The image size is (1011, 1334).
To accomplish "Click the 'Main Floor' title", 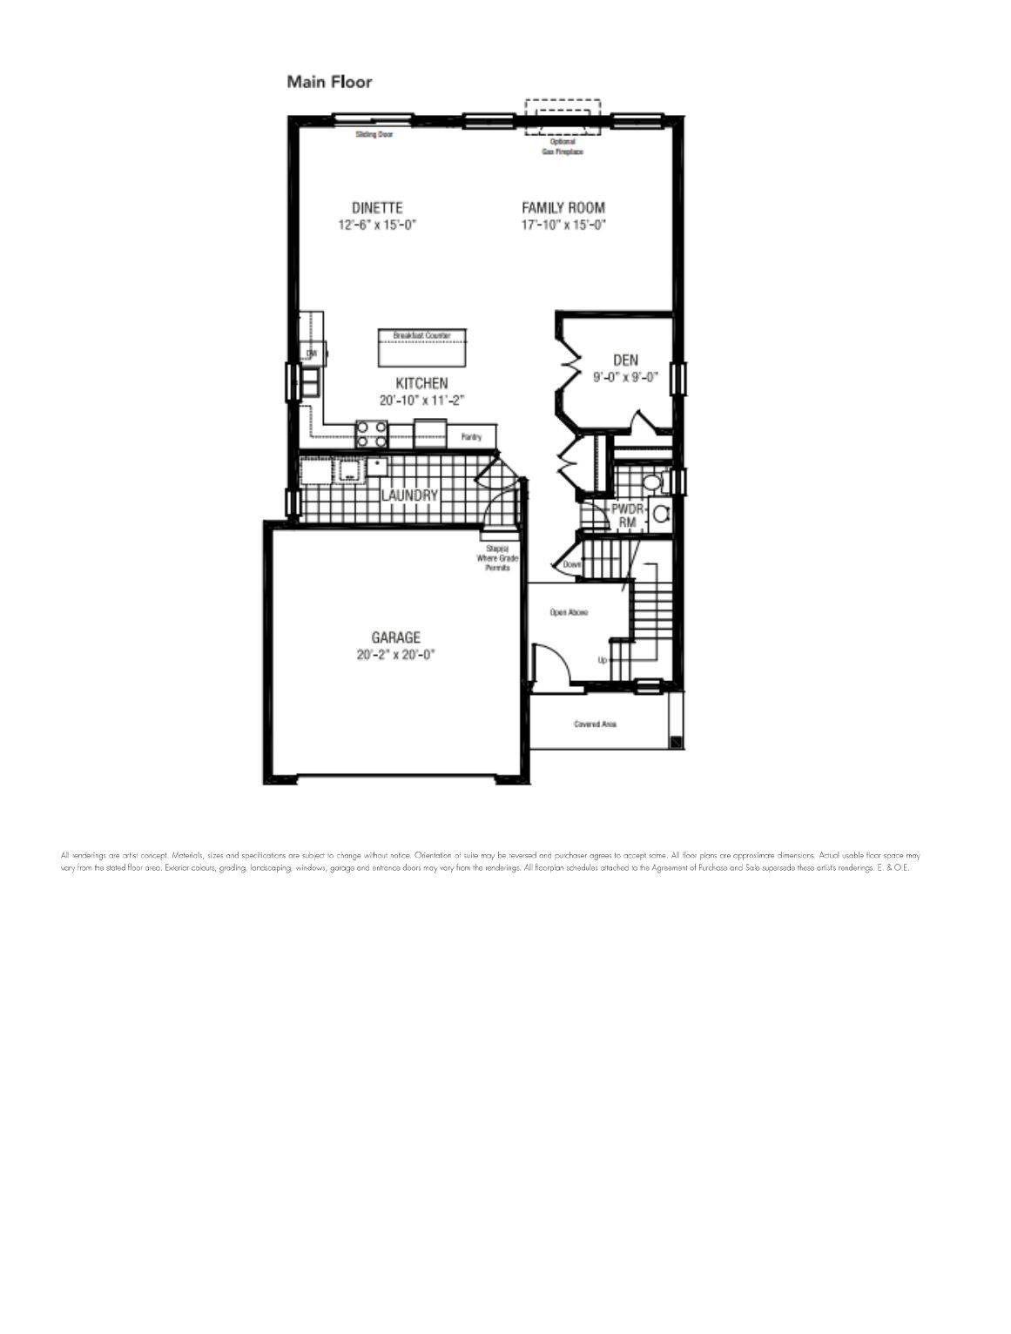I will [329, 82].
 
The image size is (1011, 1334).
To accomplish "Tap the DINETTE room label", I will [377, 208].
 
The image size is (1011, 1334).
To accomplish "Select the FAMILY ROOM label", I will [563, 208].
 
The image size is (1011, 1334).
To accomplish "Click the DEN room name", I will [625, 360].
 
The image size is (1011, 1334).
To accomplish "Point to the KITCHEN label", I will [421, 383].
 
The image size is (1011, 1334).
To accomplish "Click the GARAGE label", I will [395, 637].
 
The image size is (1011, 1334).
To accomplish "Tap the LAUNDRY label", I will [409, 495].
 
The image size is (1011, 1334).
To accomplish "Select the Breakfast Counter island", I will [421, 348].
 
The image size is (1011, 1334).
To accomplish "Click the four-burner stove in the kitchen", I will [372, 430].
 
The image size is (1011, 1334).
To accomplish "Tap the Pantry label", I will [471, 437].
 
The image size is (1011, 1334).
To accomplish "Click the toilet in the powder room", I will [650, 482].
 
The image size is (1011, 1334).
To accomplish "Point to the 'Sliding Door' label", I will [374, 135].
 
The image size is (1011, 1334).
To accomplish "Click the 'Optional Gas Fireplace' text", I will [563, 146].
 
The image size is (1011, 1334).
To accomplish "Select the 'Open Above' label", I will [569, 612].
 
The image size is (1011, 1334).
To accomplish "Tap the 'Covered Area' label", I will [596, 724].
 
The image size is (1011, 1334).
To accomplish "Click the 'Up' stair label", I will [602, 660].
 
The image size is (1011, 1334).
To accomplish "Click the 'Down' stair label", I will [571, 564].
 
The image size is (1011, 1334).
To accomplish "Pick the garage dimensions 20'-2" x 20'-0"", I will [395, 655].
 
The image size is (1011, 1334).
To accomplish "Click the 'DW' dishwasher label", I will [310, 353].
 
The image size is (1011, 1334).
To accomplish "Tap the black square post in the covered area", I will [676, 742].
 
